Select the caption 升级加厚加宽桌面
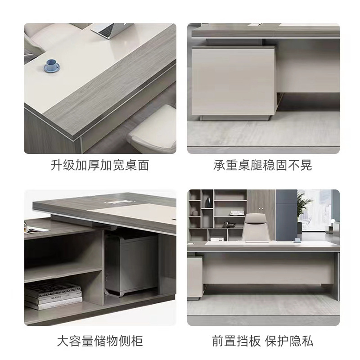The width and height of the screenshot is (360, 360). [100, 165]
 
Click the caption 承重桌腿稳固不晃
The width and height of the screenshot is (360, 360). [263, 165]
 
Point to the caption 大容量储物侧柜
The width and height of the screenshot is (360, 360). [100, 341]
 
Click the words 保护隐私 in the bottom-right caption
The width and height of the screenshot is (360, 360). [289, 341]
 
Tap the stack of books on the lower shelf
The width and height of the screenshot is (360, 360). [54, 296]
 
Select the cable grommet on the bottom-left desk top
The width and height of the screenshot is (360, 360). [115, 202]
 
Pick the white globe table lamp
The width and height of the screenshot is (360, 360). [332, 222]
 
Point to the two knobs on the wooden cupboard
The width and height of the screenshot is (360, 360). [261, 208]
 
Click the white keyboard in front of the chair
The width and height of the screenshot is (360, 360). [257, 242]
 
